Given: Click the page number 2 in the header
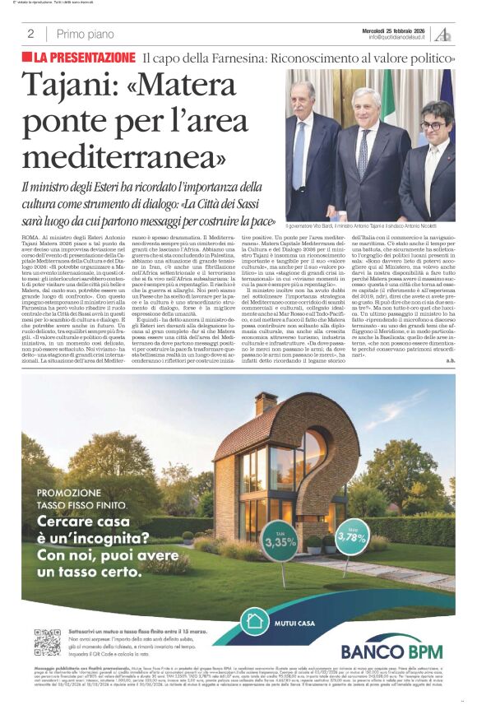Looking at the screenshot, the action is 30,34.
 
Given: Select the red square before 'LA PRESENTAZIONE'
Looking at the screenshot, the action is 27,58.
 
